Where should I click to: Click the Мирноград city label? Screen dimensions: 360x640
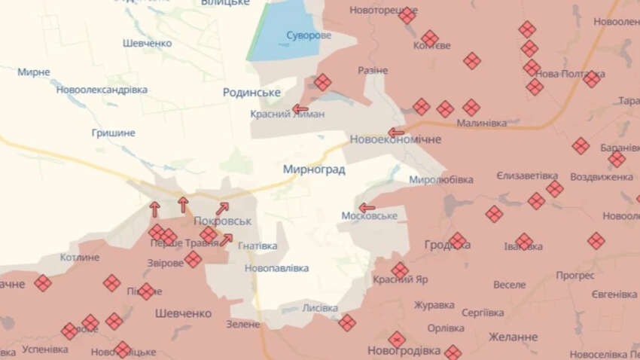(314, 169)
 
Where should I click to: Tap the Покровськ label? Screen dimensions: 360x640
(222, 222)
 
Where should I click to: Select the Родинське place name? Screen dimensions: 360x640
(251, 92)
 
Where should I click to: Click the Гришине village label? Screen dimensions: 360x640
(113, 133)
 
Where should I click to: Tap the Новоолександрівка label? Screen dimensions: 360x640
(102, 90)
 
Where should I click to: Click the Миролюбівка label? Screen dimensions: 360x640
(441, 180)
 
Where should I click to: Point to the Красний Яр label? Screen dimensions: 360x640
(401, 279)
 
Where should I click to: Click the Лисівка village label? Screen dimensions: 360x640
(320, 307)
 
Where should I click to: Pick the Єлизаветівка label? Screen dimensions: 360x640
(527, 175)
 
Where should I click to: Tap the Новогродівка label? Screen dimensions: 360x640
(404, 350)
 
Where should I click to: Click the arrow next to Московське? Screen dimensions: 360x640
(367, 208)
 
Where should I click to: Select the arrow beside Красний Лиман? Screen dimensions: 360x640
(300, 109)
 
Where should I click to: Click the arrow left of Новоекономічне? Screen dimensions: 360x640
(396, 132)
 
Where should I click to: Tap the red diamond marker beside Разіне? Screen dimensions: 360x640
(322, 82)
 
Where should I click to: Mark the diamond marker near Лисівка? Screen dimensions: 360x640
(346, 322)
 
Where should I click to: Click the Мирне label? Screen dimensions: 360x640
(34, 72)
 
